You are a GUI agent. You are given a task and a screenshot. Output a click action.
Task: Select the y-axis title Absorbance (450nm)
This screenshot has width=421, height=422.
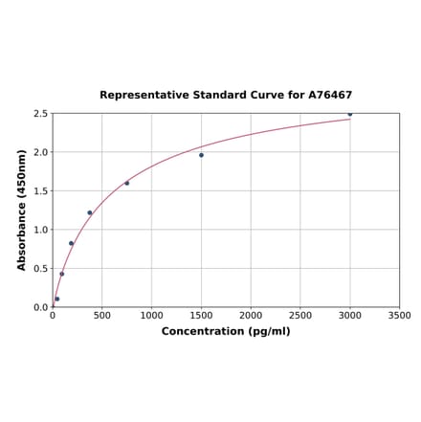point(22,210)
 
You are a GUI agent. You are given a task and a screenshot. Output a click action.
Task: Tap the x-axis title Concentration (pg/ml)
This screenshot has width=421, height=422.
point(226,331)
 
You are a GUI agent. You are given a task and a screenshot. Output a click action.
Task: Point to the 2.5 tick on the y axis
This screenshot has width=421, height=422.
point(41,114)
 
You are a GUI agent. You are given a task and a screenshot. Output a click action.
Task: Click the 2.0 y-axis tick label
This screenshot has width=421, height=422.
point(41,152)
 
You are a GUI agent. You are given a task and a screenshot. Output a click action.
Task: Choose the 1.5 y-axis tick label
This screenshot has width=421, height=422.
point(41,191)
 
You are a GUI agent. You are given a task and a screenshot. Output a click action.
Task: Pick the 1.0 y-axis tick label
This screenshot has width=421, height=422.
point(41,230)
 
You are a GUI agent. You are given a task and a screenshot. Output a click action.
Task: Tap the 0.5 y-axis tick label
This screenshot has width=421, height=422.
point(41,269)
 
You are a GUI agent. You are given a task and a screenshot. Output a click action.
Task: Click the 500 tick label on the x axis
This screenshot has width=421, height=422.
point(102,315)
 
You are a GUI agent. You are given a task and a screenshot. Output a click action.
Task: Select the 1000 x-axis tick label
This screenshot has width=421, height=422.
point(151,315)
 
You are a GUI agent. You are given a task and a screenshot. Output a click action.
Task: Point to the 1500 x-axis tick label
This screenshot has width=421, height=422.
point(201,315)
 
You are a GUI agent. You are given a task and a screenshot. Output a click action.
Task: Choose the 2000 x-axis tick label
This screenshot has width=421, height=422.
point(251,315)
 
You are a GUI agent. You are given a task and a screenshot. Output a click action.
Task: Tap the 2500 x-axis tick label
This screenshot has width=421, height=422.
point(300,315)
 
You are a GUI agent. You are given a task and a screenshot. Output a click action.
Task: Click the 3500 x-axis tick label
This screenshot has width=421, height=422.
point(399,315)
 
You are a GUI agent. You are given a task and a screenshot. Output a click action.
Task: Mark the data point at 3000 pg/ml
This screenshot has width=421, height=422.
point(350,114)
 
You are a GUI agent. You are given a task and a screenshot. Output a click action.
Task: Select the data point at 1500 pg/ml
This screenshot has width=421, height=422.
point(201,155)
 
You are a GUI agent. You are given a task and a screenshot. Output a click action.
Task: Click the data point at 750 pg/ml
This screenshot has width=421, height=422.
point(127,183)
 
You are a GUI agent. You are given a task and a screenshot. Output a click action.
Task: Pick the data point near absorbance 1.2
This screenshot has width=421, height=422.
point(90,212)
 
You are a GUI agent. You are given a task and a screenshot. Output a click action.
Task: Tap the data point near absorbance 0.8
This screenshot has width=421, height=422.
point(71,243)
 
